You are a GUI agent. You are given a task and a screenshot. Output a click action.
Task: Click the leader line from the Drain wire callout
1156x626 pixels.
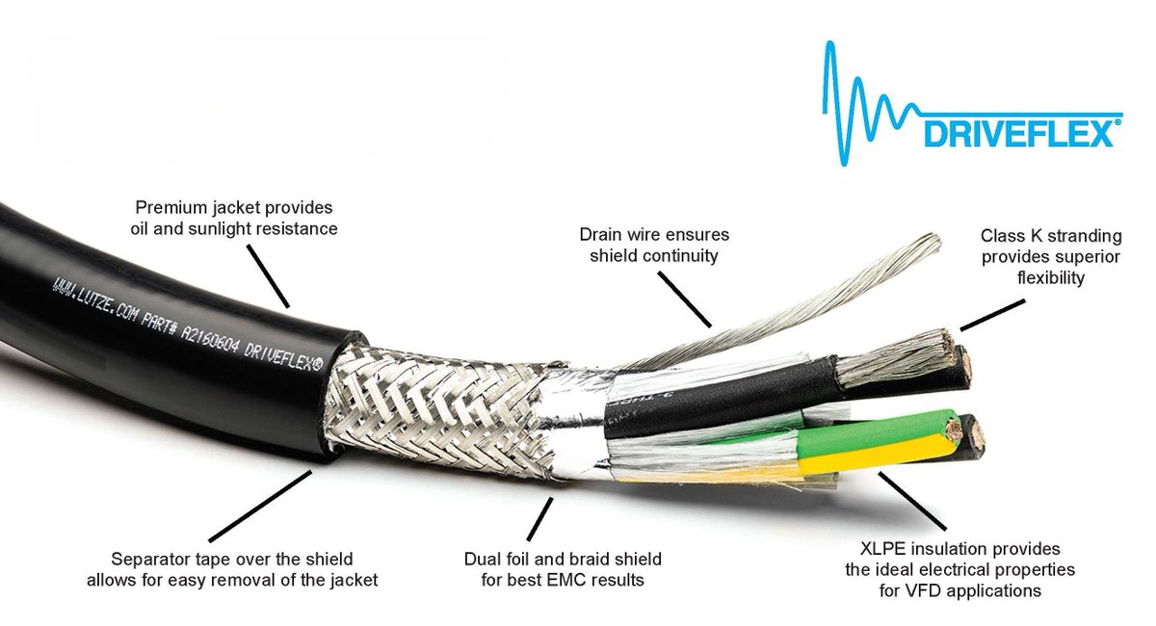[x=686, y=298]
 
